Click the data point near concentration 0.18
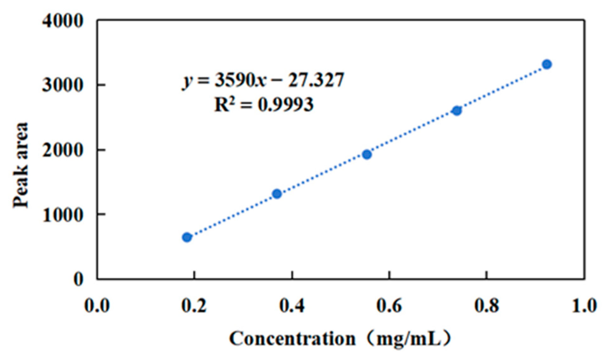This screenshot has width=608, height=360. pyautogui.click(x=187, y=237)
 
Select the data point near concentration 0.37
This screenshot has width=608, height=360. pyautogui.click(x=277, y=194)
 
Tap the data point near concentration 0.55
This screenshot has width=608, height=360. pyautogui.click(x=367, y=154)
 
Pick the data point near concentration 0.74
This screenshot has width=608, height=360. pyautogui.click(x=457, y=111)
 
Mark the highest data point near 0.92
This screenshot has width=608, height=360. pyautogui.click(x=547, y=64)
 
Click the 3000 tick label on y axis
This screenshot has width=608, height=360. pyautogui.click(x=63, y=85)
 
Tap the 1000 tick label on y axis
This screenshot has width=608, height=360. pyautogui.click(x=63, y=215)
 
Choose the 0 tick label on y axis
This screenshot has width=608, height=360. pyautogui.click(x=79, y=279)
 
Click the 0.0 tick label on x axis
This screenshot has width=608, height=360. pyautogui.click(x=97, y=306)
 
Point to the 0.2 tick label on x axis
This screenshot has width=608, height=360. pyautogui.click(x=194, y=306)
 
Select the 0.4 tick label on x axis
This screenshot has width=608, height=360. pyautogui.click(x=292, y=306)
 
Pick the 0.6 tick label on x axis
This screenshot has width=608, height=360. pyautogui.click(x=389, y=306)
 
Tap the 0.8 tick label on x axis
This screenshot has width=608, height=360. pyautogui.click(x=486, y=306)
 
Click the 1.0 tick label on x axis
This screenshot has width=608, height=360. pyautogui.click(x=584, y=306)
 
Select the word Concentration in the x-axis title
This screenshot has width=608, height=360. pyautogui.click(x=292, y=339)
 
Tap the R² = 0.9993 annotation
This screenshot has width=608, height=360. pyautogui.click(x=263, y=105)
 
